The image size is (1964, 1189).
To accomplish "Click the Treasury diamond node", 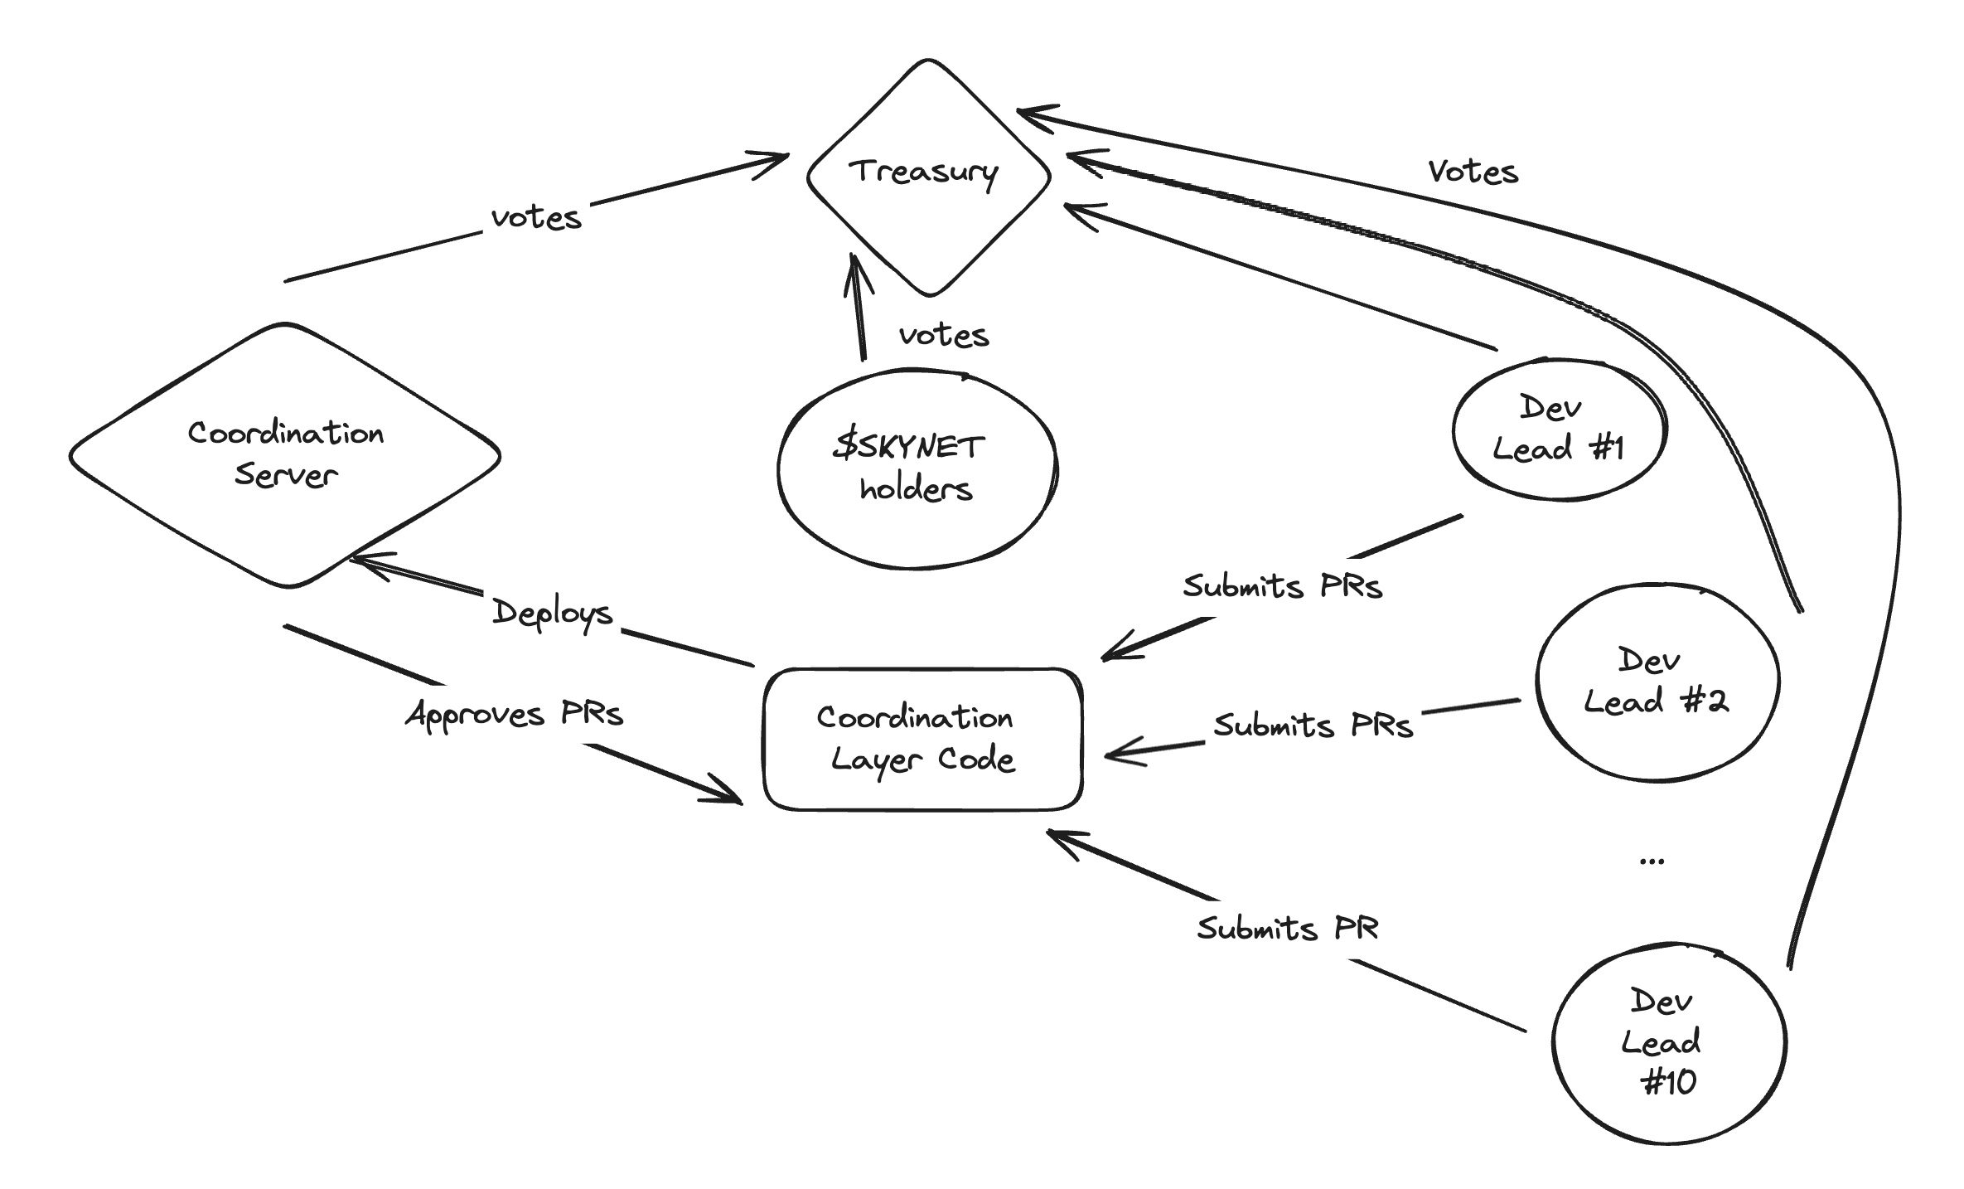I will pyautogui.click(x=928, y=176).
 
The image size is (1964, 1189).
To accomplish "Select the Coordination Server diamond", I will pyautogui.click(x=285, y=455).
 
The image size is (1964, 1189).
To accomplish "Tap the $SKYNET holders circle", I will pyautogui.click(x=917, y=469).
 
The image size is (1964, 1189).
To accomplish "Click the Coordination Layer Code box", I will pyautogui.click(x=922, y=739).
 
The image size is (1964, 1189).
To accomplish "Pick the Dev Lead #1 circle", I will pyautogui.click(x=1559, y=429).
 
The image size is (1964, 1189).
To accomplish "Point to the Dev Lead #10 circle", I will pyautogui.click(x=1667, y=1041).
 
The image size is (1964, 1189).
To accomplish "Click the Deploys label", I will pyautogui.click(x=552, y=614).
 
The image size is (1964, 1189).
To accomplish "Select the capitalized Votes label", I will pyautogui.click(x=1473, y=172).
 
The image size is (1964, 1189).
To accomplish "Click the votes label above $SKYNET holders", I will pyautogui.click(x=944, y=335).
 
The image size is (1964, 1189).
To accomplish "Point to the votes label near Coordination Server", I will pyautogui.click(x=536, y=217).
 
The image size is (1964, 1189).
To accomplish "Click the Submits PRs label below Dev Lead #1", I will pyautogui.click(x=1282, y=586).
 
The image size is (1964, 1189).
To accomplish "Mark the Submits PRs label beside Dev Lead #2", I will pyautogui.click(x=1313, y=726).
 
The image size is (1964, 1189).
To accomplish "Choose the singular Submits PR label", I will pyautogui.click(x=1287, y=928).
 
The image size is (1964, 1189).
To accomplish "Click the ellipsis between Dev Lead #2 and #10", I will pyautogui.click(x=1652, y=861).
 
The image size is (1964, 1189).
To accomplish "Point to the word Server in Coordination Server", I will pyautogui.click(x=286, y=475).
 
